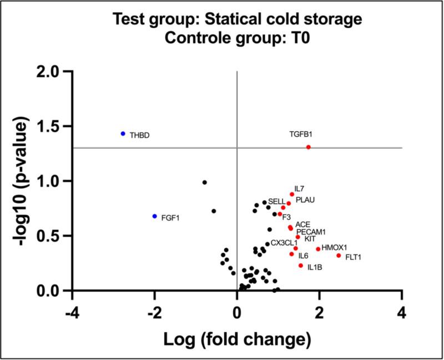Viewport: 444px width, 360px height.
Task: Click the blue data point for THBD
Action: pyautogui.click(x=123, y=134)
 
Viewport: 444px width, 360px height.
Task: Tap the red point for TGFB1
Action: pyautogui.click(x=308, y=147)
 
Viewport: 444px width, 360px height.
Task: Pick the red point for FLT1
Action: pyautogui.click(x=339, y=256)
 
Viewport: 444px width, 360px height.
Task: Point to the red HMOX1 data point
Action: pyautogui.click(x=318, y=249)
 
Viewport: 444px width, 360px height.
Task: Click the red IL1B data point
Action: pyautogui.click(x=301, y=266)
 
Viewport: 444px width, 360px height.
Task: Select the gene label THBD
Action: pyautogui.click(x=139, y=135)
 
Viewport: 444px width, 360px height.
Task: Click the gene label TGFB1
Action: pyautogui.click(x=301, y=134)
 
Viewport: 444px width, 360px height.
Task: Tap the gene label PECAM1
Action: pyautogui.click(x=311, y=232)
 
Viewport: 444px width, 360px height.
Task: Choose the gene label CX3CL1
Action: pyautogui.click(x=284, y=243)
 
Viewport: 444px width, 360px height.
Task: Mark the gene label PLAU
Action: pyautogui.click(x=306, y=199)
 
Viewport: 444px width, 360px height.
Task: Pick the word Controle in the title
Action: pyautogui.click(x=210, y=38)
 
